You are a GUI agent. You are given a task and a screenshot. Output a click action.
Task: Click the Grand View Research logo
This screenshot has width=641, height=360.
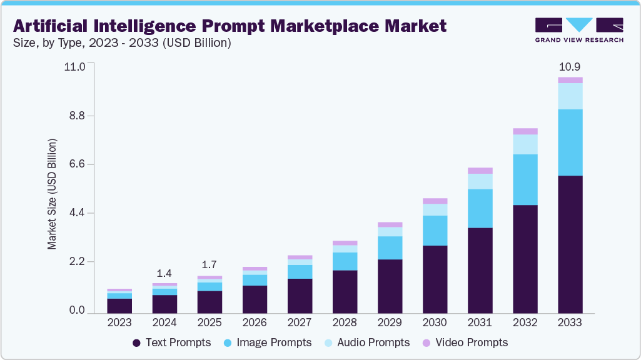coord(578,29)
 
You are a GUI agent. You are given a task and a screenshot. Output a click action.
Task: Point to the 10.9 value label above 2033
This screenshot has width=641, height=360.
coord(570,67)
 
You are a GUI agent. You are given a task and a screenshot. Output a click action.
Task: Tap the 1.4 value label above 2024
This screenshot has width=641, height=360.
coord(164,273)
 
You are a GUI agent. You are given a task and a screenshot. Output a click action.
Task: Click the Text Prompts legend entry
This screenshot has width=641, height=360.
coord(171,342)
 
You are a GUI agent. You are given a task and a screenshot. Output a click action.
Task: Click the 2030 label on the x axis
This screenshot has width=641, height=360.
coord(435,322)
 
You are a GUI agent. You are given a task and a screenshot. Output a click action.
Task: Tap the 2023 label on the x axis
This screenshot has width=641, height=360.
coord(119,322)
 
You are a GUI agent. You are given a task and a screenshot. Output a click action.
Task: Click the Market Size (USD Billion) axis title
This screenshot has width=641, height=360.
coord(53,194)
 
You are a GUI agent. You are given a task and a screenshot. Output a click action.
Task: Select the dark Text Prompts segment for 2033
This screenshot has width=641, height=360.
coord(570,244)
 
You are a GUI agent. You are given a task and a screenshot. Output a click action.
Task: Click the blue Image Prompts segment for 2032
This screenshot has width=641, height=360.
coord(525,179)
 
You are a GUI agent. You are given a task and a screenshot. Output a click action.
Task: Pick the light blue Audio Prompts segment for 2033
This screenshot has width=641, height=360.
coord(570,96)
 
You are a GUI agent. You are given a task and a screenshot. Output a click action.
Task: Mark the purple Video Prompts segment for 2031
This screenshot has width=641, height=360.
coord(480,171)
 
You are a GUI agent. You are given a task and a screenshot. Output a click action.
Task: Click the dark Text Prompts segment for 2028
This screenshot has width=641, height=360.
coord(345,292)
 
